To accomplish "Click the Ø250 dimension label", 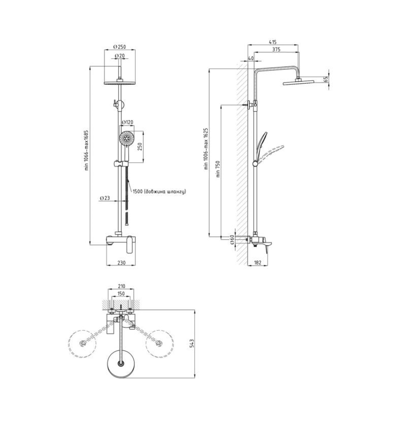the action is pos(120,47).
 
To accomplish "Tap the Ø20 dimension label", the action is pos(120,56).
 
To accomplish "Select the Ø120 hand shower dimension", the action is pos(128,122).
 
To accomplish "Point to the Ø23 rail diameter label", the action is pos(105,198).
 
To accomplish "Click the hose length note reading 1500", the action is pos(159,192).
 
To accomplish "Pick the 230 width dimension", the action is pos(121,263).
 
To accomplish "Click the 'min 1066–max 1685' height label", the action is pos(87,150).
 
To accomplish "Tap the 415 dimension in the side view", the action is pos(273,42).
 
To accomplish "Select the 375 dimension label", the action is pos(276,49).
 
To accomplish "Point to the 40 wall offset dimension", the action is pos(251,58).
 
